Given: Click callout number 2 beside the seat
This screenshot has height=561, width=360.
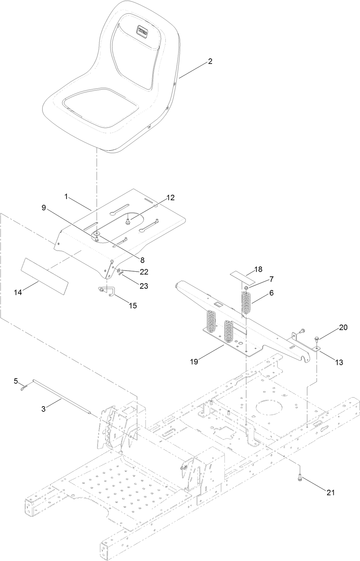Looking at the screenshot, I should point(210,61).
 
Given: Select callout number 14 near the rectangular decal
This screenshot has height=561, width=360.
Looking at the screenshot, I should point(18,292).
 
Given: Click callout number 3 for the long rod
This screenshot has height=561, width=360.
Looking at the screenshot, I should point(43,409).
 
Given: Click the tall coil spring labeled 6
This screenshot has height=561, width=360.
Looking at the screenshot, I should point(246,301).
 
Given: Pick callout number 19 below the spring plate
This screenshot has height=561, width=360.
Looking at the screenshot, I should point(194,362).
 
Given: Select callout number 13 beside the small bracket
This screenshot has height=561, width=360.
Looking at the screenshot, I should point(339,362).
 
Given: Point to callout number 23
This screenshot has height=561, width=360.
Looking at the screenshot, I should point(144,286).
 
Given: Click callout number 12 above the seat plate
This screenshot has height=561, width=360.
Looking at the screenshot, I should point(170,197).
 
